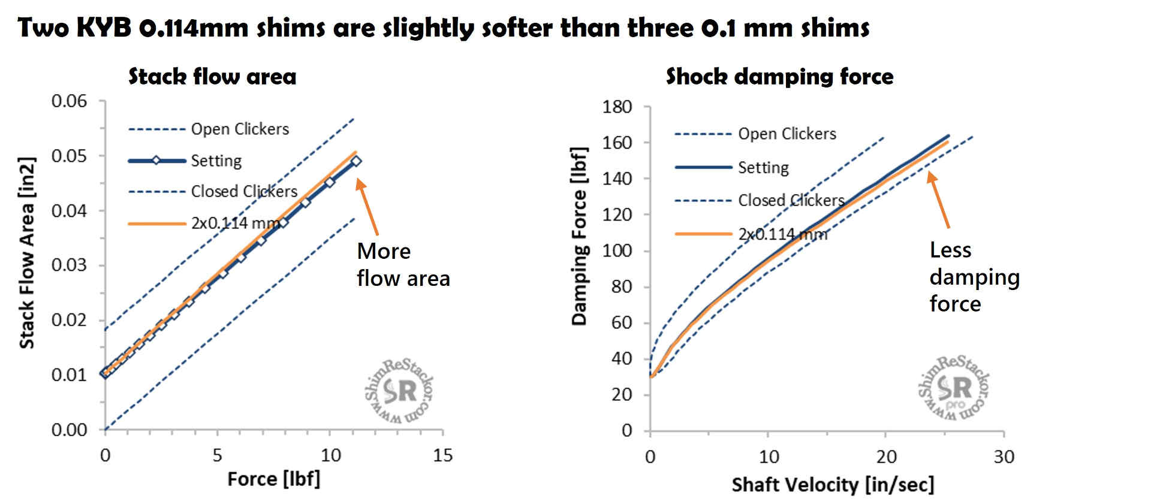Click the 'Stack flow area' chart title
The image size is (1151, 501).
point(212,77)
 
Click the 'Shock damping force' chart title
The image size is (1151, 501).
point(779,77)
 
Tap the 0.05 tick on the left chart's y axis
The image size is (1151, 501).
point(69,156)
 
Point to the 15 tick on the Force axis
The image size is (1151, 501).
point(442,455)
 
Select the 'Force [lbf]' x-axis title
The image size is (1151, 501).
point(273,479)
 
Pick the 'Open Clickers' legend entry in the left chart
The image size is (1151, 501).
point(239,129)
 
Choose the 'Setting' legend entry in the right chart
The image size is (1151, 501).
point(763,167)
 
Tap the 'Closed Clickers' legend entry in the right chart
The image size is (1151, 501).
point(791,200)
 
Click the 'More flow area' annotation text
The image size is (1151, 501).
point(402,264)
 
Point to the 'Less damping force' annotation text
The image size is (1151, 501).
point(974,277)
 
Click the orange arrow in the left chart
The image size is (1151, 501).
point(367,206)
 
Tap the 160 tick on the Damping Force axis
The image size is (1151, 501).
point(617,143)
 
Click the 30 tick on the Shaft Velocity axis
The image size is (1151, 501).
point(1004,457)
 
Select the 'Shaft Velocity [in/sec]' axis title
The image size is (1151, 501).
point(833,484)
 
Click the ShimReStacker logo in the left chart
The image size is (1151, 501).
point(399,391)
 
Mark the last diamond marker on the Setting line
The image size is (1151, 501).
point(356,161)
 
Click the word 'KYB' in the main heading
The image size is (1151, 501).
point(104,27)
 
